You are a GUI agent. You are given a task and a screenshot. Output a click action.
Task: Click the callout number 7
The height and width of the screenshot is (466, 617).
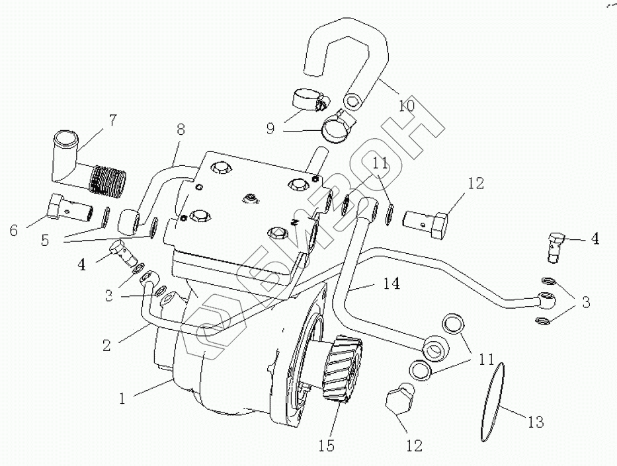coord(113,121)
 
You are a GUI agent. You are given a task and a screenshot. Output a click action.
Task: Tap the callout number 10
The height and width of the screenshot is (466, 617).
coord(407,105)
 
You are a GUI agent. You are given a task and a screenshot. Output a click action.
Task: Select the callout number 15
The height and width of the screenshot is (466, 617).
coord(327,446)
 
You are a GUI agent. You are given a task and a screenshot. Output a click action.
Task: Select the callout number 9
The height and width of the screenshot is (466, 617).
coord(270,129)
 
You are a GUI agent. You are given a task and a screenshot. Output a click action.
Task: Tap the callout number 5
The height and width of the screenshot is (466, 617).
coord(44,241)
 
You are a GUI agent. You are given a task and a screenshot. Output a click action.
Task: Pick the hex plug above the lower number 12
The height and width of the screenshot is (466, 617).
coord(398,401)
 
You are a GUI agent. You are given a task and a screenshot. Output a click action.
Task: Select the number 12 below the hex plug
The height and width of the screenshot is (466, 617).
coord(414,446)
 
